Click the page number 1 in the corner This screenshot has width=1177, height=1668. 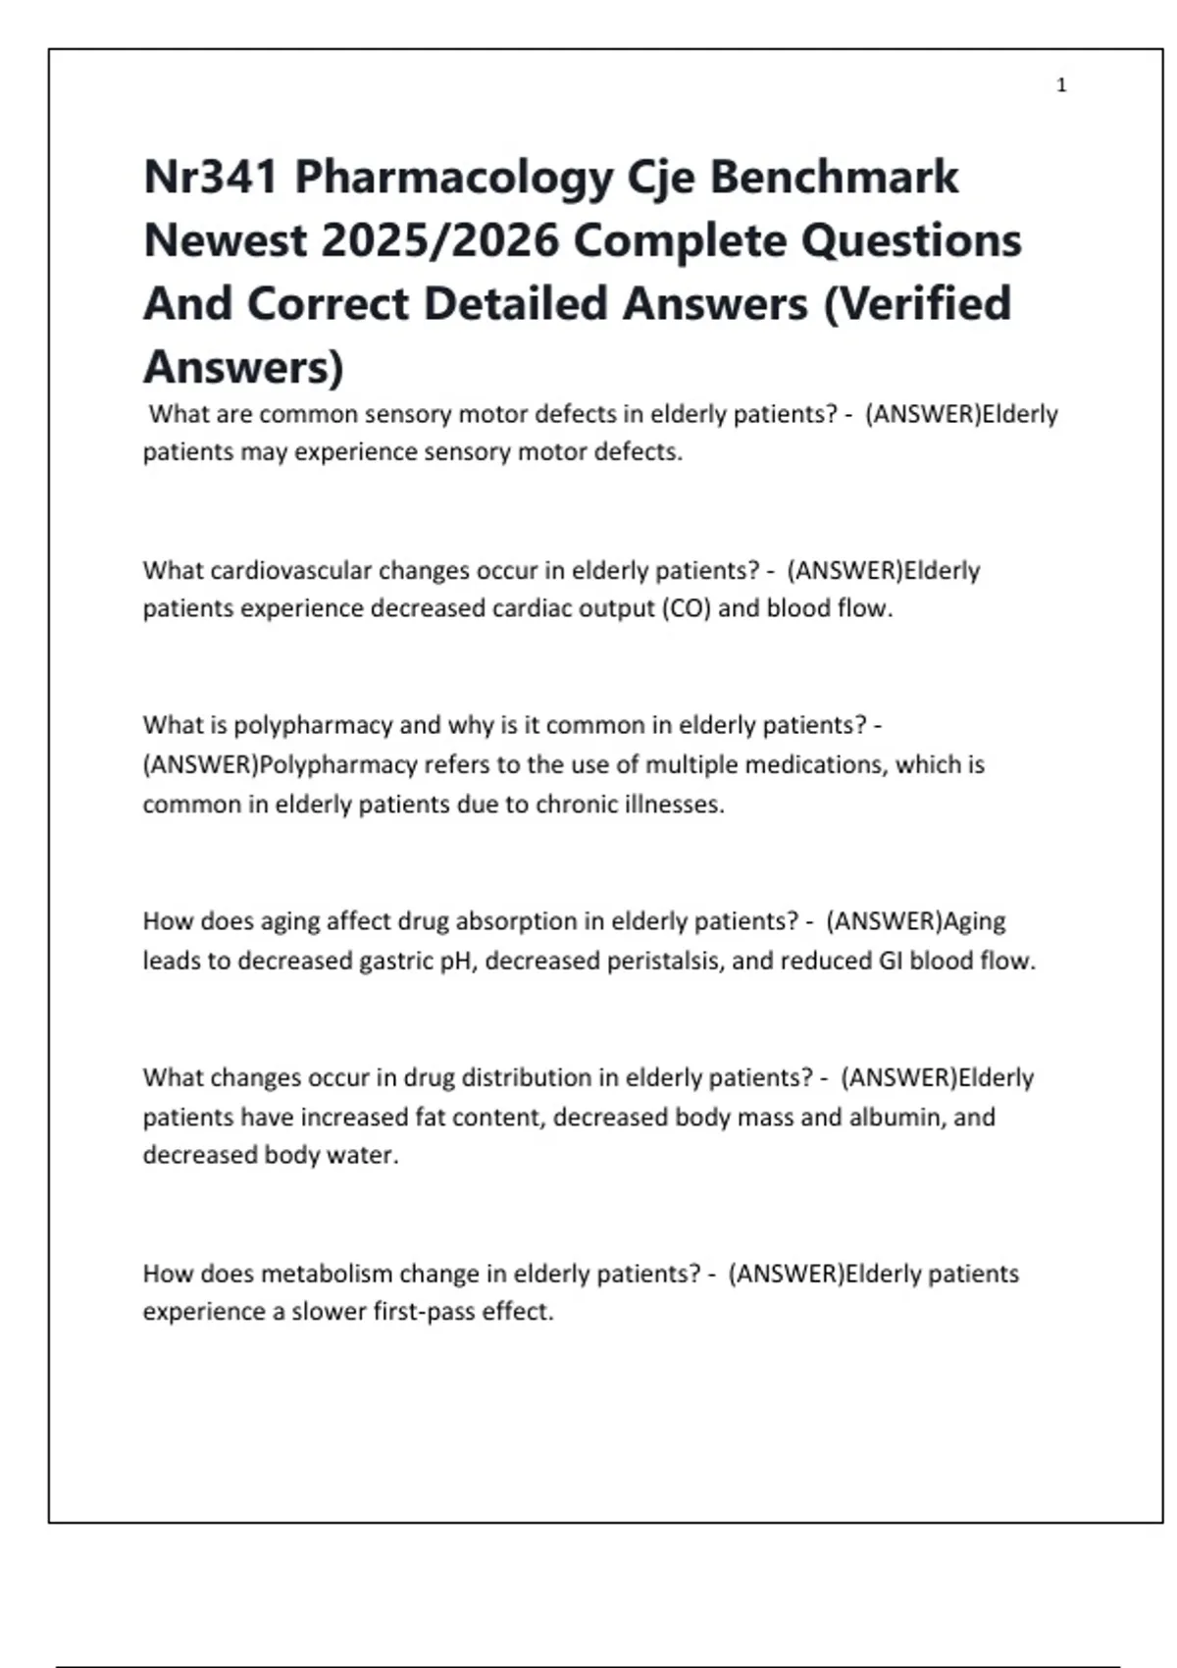pos(1061,86)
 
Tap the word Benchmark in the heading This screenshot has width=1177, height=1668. pos(834,178)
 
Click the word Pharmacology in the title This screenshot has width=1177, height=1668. pos(454,178)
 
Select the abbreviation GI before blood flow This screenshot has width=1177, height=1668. pos(891,961)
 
